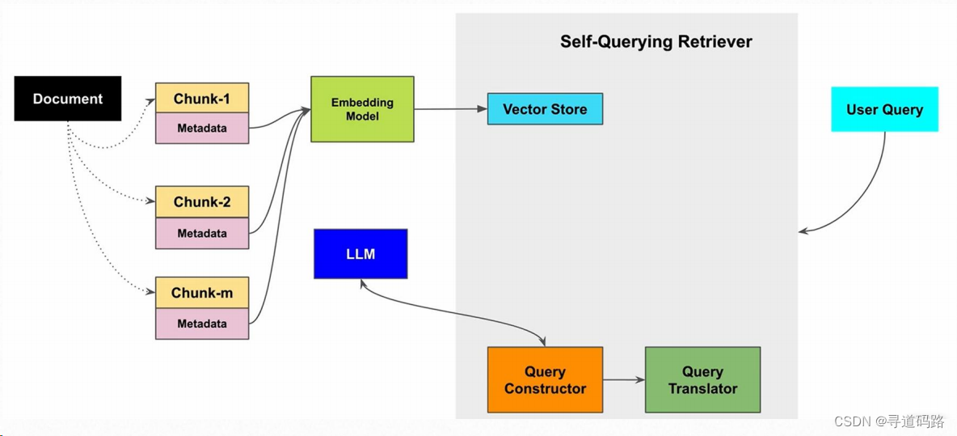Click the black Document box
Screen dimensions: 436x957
click(x=68, y=99)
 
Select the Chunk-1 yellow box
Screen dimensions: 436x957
click(x=202, y=99)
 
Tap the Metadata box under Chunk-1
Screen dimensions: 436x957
click(x=202, y=128)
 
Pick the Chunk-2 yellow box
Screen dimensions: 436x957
click(x=202, y=202)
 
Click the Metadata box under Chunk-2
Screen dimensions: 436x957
click(x=202, y=233)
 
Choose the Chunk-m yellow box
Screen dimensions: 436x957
click(x=202, y=293)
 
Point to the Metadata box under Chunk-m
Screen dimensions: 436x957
click(x=202, y=324)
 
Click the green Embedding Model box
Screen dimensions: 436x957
click(x=362, y=109)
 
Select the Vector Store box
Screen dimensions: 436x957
click(x=545, y=109)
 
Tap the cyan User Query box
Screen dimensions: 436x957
click(x=884, y=109)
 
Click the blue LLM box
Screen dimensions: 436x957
click(x=360, y=254)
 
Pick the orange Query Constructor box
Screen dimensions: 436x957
click(x=545, y=379)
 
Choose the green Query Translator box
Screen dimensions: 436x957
click(x=702, y=379)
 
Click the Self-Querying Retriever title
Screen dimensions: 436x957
click(x=656, y=42)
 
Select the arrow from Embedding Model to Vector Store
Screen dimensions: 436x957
click(x=450, y=109)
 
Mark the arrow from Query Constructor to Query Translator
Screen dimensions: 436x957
click(x=623, y=379)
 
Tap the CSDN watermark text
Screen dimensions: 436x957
click(x=889, y=421)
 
